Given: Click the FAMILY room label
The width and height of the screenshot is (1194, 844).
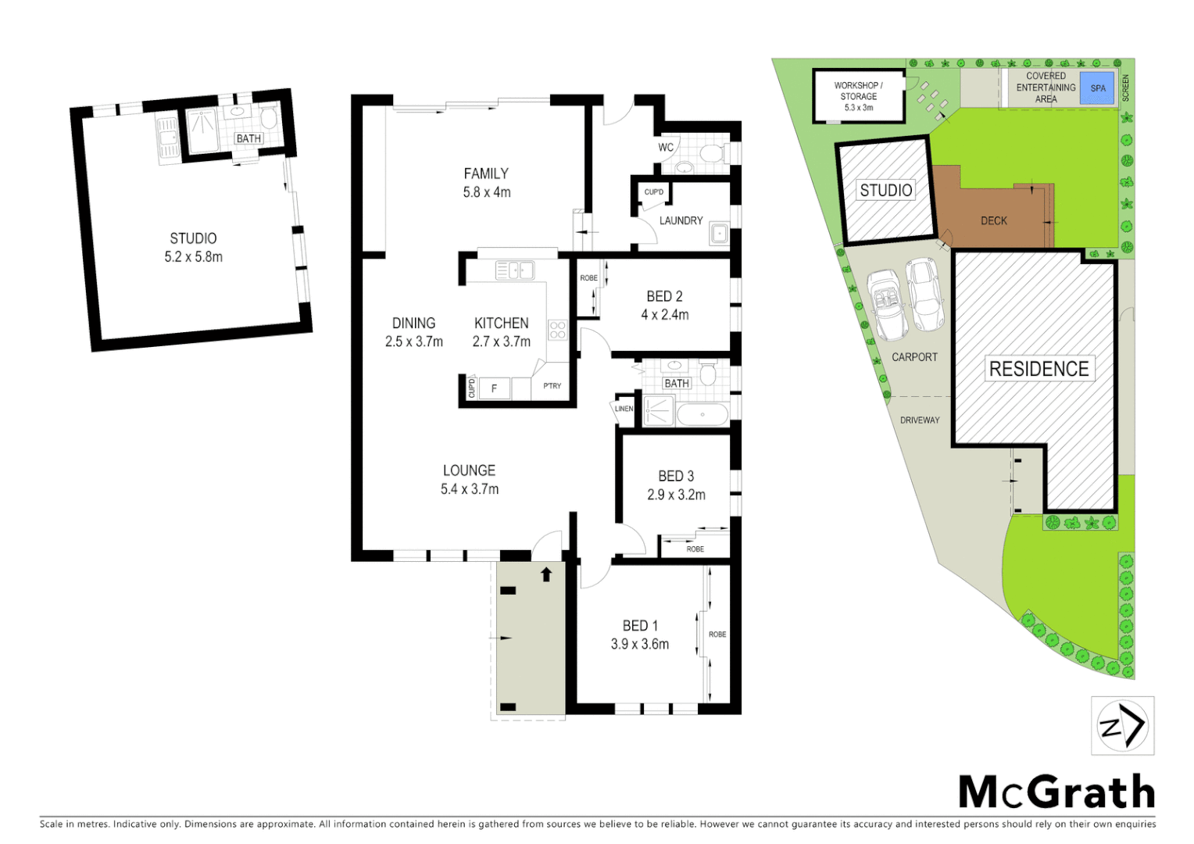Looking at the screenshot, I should coord(486,173).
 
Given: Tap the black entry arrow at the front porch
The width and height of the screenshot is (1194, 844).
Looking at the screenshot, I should coord(546,574).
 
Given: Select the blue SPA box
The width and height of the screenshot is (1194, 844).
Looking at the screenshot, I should coord(1098,88).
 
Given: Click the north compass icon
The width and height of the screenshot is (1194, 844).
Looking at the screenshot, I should coord(1122,726).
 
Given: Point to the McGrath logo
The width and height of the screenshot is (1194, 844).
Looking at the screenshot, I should coord(1056,792).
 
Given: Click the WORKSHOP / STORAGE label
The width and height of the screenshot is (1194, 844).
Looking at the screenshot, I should coord(858,91).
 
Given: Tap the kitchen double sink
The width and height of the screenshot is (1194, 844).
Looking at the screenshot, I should coord(514,270).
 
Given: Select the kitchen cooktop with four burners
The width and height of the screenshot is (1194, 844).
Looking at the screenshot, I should coord(557,330).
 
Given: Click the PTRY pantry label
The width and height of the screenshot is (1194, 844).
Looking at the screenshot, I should coord(552,386).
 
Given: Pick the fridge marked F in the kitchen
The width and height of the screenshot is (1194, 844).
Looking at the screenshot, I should coord(494,388).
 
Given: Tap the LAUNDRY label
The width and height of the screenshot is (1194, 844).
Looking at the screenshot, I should coord(681,221).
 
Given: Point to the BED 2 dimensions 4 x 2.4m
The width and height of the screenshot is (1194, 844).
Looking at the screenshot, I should coord(665,315).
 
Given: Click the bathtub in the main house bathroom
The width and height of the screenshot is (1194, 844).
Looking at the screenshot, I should coord(702,414).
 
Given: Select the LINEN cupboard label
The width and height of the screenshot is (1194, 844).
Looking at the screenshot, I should coord(624,409).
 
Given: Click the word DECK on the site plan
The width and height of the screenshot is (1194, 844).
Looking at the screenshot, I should coord(994,221).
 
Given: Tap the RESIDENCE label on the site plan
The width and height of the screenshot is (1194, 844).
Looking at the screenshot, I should coord(1038,369).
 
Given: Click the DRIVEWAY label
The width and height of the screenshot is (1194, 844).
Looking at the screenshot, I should coord(920,420).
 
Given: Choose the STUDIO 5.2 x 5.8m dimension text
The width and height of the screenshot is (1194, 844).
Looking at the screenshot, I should coord(193,257).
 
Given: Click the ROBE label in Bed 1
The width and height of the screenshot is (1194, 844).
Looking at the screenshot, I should coord(717,635).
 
